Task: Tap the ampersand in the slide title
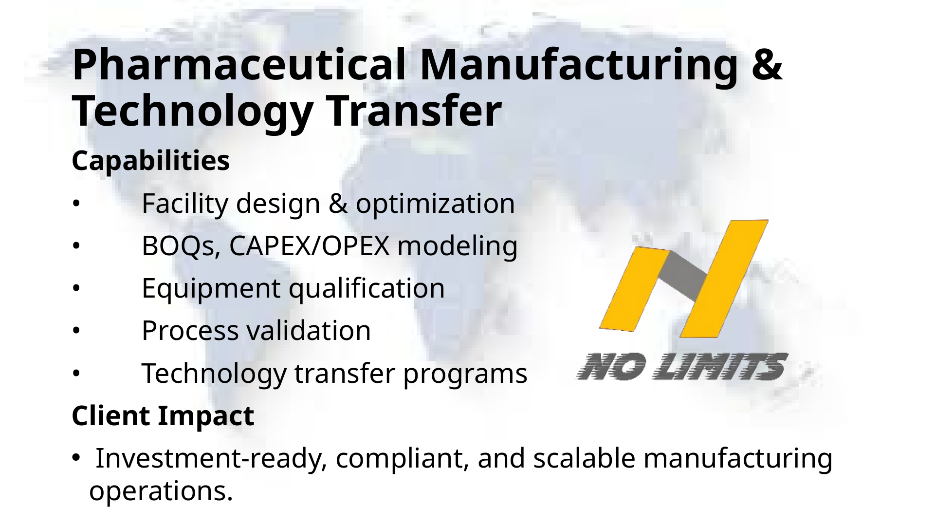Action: click(770, 67)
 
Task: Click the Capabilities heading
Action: click(151, 161)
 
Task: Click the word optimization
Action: click(435, 204)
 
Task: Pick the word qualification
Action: click(367, 288)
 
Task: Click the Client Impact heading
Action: click(163, 416)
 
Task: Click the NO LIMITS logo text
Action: click(681, 367)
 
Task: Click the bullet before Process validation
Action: click(75, 331)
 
